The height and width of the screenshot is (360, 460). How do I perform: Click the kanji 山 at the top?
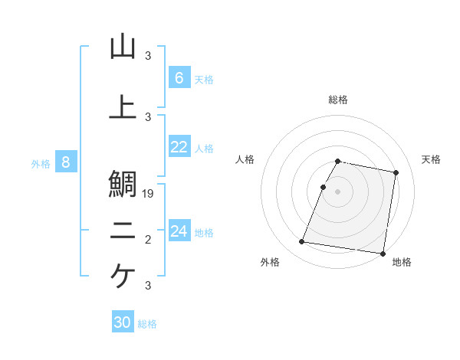pos(123,47)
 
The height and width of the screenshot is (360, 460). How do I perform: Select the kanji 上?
pos(123,106)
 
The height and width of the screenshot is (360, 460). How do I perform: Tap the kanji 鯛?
pos(123,184)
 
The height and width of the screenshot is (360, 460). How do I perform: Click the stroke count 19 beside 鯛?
pos(149,194)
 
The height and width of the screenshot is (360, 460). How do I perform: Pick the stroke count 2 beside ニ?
pos(148,240)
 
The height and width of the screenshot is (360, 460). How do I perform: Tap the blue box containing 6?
pos(179,78)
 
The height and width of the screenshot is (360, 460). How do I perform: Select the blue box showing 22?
pos(179,148)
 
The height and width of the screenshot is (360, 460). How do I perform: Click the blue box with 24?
pos(179,231)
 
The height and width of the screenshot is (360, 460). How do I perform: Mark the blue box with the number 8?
pos(66,162)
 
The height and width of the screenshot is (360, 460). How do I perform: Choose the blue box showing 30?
pos(123,323)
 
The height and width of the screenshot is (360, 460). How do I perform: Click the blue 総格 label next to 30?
pos(148,324)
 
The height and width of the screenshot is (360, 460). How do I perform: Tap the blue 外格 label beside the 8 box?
pos(41,163)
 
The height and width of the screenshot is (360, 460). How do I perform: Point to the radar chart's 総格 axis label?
pos(338,100)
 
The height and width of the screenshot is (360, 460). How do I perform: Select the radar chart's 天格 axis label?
pos(432,159)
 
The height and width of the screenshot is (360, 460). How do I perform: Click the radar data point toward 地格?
pos(383,253)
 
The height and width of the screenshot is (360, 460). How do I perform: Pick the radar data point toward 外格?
pos(302,242)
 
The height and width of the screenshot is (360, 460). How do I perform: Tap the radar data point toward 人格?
pos(324,187)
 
